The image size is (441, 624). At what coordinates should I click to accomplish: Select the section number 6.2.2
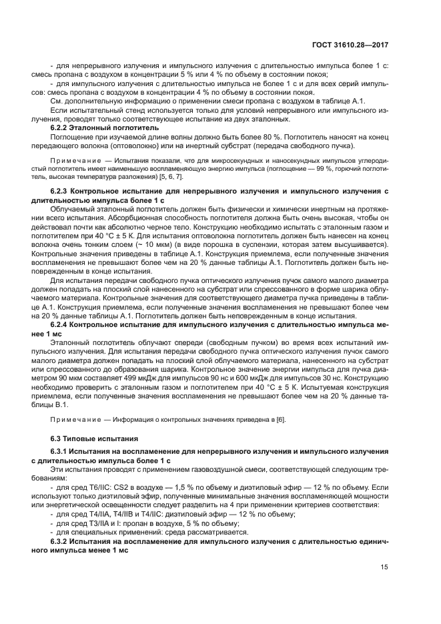[x=62, y=127]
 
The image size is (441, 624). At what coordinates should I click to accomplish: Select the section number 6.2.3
[x=62, y=192]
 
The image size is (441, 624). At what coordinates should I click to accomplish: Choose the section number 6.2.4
[x=62, y=324]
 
